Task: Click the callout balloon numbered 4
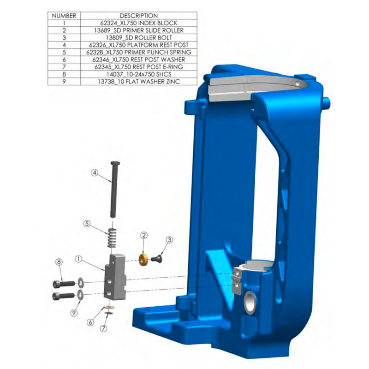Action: [x=94, y=173]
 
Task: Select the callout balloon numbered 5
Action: [x=86, y=224]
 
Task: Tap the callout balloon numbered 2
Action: [x=144, y=235]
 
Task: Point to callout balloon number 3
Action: [x=169, y=240]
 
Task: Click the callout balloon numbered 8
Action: [x=59, y=262]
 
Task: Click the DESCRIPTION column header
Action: [x=138, y=16]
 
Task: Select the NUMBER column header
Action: [x=64, y=16]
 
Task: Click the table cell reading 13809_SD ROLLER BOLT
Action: [x=138, y=37]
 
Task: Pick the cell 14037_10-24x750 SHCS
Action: [x=138, y=74]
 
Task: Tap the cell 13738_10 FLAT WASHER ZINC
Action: [x=138, y=81]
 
